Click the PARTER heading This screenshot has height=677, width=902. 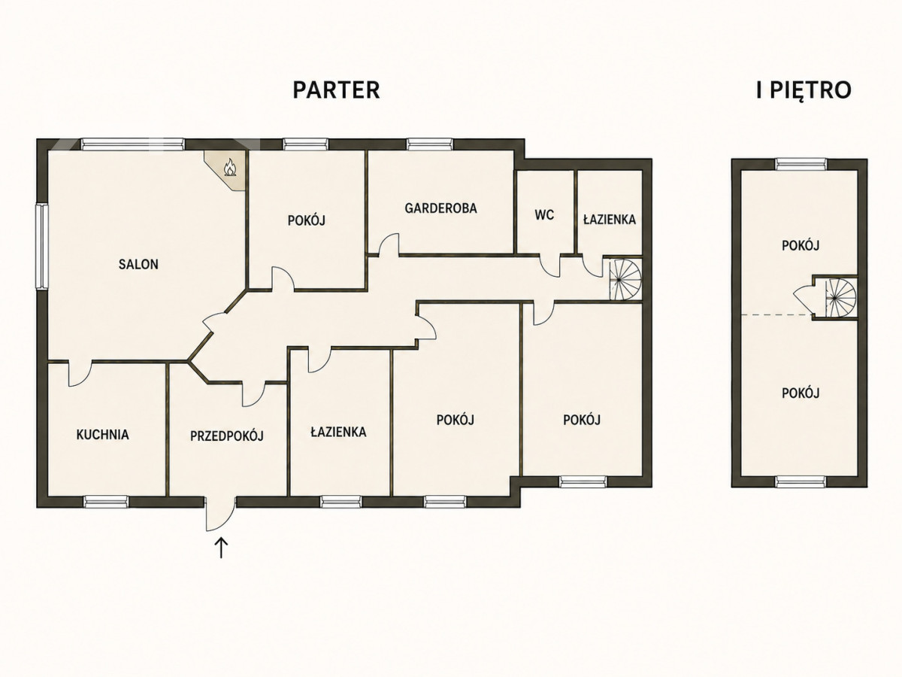pos(336,90)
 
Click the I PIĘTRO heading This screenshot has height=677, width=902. pos(804,90)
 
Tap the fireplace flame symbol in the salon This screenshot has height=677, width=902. pos(230,167)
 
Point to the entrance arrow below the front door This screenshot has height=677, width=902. pos(222,548)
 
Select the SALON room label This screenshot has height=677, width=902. pos(138,264)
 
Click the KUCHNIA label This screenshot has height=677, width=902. pos(103,435)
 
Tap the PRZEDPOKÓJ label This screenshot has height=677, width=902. pos(226,436)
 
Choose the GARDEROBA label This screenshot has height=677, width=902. pos(441,208)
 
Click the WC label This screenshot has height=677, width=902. pos(544,214)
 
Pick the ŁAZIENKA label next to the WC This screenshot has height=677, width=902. pos(610,219)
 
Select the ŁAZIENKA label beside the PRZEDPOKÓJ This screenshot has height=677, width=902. pos(338,432)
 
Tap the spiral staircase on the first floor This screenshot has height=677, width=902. pos(840,297)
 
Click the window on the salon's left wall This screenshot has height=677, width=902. pos(41,247)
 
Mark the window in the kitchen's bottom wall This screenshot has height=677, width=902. pos(107,502)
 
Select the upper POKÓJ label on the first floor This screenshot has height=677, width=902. pos(800,245)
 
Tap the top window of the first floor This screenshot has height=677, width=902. pos(801,165)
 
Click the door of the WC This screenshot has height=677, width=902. pos(550,266)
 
